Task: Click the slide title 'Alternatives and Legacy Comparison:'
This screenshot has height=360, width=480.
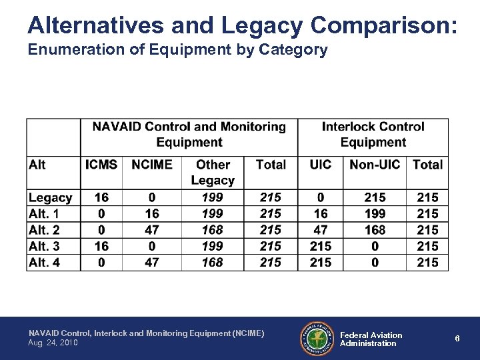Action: tap(242, 25)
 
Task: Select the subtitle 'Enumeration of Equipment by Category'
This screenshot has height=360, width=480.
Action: tap(177, 50)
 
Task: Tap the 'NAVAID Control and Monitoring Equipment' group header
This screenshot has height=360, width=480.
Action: tap(189, 134)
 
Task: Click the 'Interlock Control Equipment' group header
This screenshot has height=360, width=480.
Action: tap(373, 134)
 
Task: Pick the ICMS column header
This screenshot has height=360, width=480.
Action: tap(101, 165)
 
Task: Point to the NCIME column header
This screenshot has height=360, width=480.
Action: tap(152, 165)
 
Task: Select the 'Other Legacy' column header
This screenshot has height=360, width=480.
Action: tap(213, 172)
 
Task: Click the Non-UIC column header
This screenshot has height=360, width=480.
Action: tap(375, 165)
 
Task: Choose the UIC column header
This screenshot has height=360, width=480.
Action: tap(321, 165)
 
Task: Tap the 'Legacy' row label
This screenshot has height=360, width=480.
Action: tap(50, 197)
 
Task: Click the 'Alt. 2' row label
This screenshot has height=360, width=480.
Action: tap(44, 230)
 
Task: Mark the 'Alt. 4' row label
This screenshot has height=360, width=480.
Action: tap(44, 262)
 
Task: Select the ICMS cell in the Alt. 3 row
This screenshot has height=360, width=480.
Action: tap(101, 246)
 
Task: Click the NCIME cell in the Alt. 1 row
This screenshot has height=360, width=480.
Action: tap(152, 213)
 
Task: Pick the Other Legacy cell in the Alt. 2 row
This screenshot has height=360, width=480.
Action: tap(213, 230)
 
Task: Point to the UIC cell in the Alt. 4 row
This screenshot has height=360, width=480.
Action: tap(321, 262)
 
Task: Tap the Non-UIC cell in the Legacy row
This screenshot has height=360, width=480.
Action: tap(375, 197)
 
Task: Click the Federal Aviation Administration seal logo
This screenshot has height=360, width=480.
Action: tap(317, 339)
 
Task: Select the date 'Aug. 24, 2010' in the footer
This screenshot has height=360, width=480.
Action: tap(53, 342)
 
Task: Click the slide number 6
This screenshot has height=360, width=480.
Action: tap(457, 338)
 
